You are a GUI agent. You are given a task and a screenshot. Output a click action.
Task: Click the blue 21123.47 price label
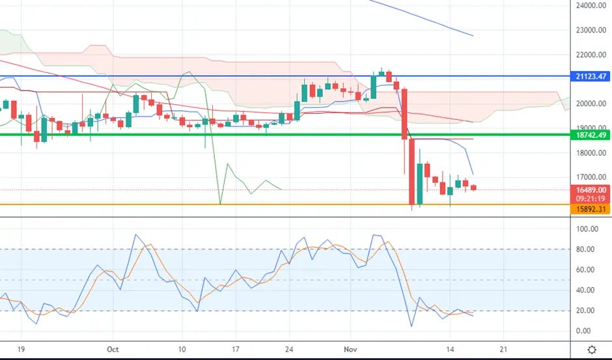590,77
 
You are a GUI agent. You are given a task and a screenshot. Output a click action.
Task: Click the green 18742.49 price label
590,135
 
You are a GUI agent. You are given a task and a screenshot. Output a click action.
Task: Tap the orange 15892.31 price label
590,209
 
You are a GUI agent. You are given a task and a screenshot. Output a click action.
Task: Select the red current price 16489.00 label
590,190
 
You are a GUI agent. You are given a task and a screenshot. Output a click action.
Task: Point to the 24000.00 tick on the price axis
591,5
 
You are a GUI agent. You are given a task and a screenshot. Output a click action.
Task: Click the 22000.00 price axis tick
591,55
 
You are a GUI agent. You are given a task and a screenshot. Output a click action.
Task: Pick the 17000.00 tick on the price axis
591,177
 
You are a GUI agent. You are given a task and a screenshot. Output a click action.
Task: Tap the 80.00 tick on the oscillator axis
585,249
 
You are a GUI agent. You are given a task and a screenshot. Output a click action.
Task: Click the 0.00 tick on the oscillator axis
583,331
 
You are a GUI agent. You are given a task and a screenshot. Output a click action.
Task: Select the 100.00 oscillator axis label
587,228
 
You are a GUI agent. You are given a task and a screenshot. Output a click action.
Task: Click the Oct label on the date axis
113,349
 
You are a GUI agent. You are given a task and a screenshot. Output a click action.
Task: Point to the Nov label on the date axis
350,349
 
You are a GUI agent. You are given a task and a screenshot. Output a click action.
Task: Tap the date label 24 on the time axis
289,349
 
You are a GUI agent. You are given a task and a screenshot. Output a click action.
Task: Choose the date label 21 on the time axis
503,349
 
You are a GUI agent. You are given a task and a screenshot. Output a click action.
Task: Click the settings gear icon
592,350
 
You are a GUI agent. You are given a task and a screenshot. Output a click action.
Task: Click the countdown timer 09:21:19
590,199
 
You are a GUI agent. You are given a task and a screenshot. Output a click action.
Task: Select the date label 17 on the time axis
235,349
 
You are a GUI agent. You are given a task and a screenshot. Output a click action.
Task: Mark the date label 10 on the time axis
182,349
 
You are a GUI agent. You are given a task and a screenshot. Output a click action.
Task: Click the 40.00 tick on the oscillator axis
585,290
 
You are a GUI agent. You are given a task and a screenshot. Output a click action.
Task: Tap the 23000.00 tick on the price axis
591,30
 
